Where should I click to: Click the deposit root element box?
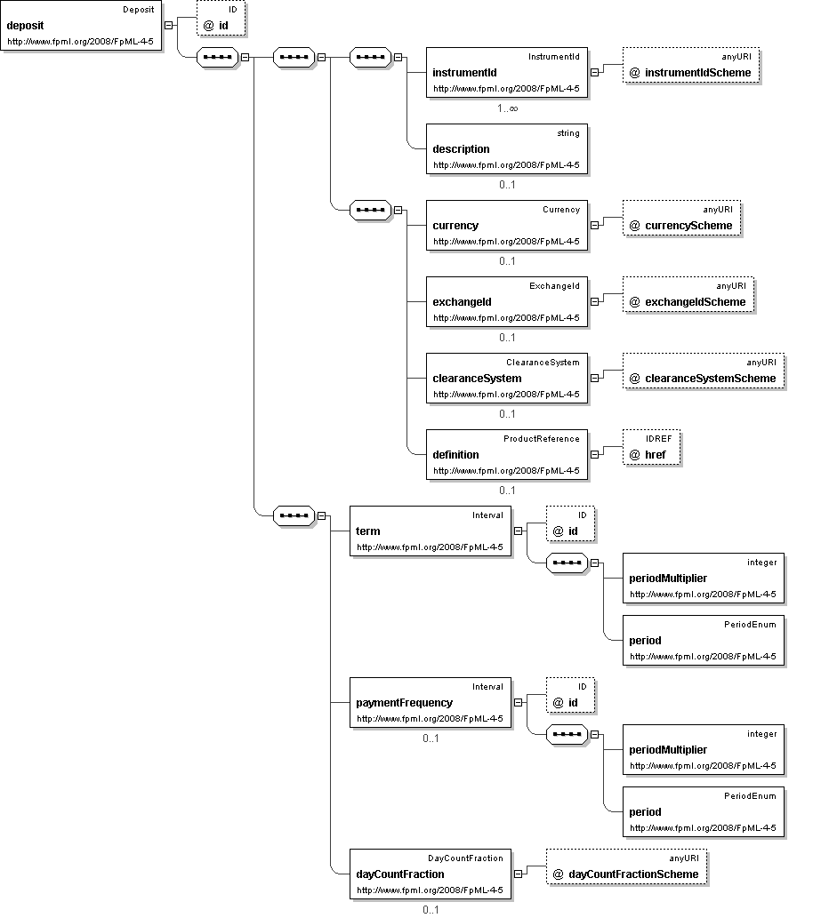tap(81, 26)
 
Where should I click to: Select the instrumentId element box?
tap(506, 73)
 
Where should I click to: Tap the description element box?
tap(506, 149)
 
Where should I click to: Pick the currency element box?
tap(506, 226)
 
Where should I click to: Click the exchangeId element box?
tap(506, 302)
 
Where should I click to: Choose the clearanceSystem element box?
tap(506, 379)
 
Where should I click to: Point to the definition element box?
tap(506, 455)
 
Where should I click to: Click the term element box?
tap(431, 531)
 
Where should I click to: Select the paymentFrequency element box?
tap(431, 703)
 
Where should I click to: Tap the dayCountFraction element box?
tap(431, 874)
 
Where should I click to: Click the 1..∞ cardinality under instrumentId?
tap(507, 108)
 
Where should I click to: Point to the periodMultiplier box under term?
tap(703, 579)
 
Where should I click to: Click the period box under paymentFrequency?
tap(703, 812)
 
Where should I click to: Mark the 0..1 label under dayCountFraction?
tap(431, 909)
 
